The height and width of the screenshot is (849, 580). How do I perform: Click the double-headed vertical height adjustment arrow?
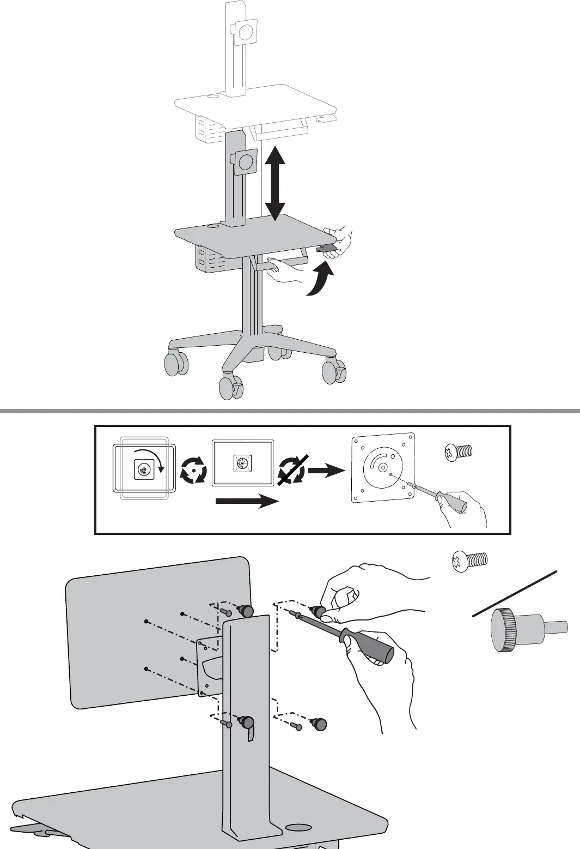tap(275, 183)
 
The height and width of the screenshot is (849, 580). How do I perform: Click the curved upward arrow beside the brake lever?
tap(320, 279)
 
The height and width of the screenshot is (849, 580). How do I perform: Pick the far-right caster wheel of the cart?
tap(333, 372)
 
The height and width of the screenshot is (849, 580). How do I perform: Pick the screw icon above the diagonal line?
tap(469, 560)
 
